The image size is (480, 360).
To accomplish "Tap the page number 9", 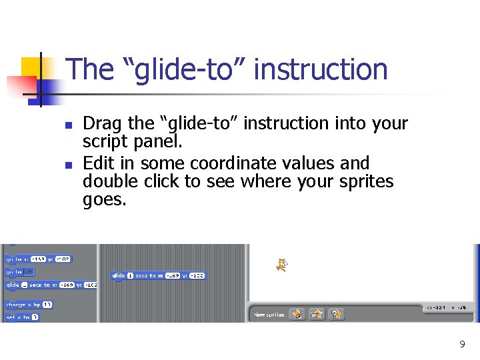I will coord(462,344).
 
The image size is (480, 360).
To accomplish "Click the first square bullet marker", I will coord(59,125).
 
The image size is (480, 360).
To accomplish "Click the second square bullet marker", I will coord(59,164).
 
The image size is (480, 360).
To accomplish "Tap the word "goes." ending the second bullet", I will coord(104,199).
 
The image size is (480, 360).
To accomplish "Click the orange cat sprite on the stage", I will coord(281,265).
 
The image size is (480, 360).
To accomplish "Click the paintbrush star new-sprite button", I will coord(297,313).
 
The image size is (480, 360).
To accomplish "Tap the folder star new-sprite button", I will coord(317,313).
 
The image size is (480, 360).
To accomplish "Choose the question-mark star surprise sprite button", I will coord(337,313).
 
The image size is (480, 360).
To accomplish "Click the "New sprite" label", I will coord(269,314).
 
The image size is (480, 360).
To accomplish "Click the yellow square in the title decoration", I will coord(32,68).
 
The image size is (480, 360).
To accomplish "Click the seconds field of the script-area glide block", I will coord(130,275).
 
